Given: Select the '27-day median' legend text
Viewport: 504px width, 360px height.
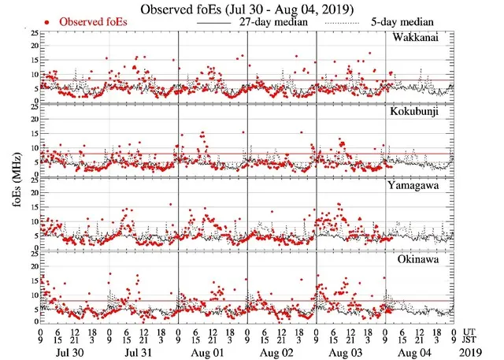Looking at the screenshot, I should (268, 22).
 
